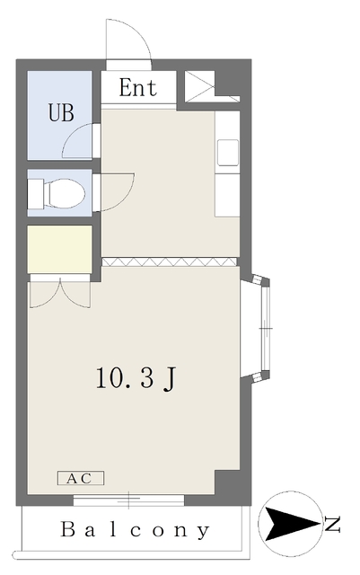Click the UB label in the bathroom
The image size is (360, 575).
[61, 112]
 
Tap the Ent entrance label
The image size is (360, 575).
[138, 88]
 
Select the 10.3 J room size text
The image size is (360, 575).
[136, 378]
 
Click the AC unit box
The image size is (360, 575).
[81, 478]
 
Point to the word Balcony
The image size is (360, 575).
[135, 530]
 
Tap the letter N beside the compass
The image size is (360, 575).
[333, 524]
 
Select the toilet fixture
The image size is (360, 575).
[56, 193]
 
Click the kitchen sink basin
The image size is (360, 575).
[228, 153]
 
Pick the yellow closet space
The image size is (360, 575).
[60, 249]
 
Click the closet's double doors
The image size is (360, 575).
[60, 294]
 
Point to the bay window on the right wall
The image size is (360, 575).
[256, 329]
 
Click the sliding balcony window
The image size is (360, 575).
[128, 500]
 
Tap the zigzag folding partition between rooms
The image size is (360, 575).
[169, 261]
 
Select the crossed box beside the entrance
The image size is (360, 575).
[199, 86]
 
